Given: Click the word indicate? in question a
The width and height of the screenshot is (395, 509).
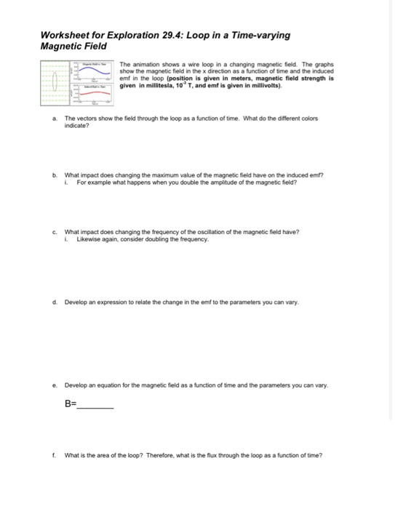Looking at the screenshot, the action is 76,125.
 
